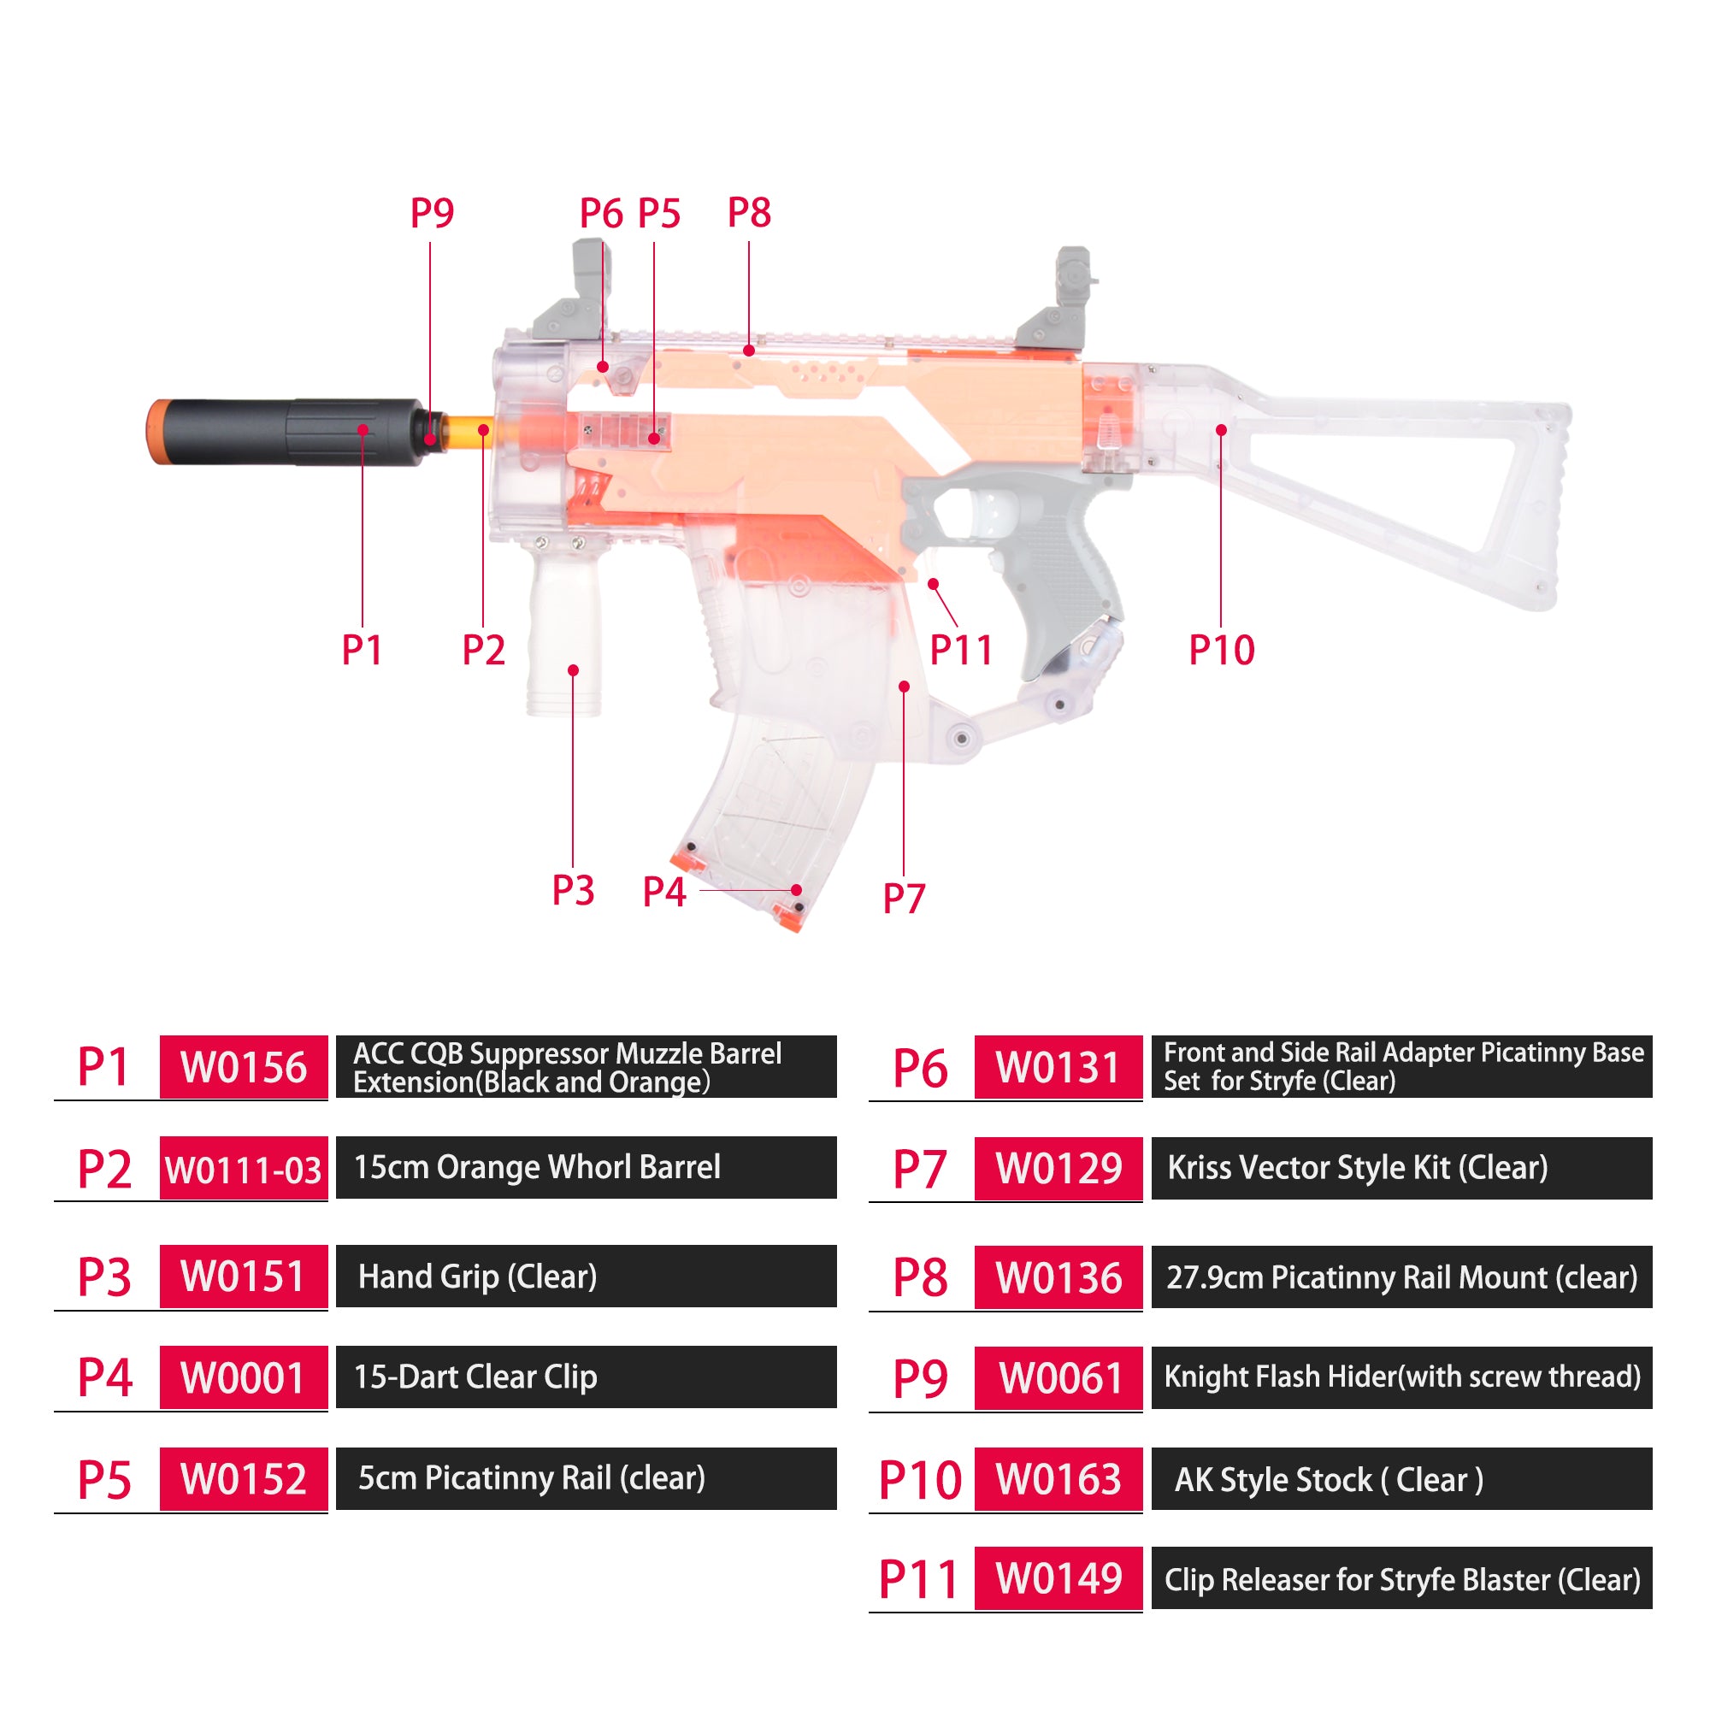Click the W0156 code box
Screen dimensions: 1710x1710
(244, 1066)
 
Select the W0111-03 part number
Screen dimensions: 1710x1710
(244, 1168)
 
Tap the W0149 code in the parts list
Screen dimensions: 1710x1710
(1058, 1578)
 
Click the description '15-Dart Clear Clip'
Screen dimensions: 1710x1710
(475, 1377)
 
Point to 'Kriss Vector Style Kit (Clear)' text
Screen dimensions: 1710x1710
(1358, 1168)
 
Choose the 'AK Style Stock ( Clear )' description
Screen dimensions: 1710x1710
(1329, 1480)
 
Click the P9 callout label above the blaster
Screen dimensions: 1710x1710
(432, 213)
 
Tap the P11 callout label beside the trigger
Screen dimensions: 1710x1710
(961, 651)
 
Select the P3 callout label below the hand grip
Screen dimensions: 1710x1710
(573, 890)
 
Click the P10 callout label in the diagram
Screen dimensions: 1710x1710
(1222, 651)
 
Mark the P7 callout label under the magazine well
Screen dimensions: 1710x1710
(904, 899)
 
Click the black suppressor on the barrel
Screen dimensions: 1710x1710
(292, 431)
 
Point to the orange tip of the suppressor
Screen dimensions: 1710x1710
(156, 431)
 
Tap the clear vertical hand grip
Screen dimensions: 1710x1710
(564, 624)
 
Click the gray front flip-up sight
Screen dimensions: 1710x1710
(571, 292)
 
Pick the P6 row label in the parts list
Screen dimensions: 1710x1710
(920, 1068)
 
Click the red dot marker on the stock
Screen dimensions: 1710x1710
(1222, 430)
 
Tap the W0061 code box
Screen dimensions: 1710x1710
(1058, 1378)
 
